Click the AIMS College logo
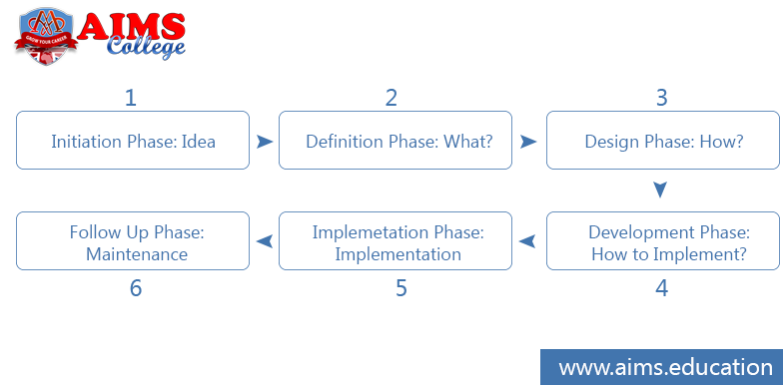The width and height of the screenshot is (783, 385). (99, 36)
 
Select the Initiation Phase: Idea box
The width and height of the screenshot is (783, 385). (133, 141)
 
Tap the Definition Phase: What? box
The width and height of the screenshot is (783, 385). (398, 141)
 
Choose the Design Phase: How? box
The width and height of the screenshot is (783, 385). (663, 141)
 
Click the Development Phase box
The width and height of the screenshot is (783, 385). (663, 241)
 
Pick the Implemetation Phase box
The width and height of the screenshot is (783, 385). (398, 241)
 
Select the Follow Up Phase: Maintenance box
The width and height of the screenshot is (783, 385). (133, 241)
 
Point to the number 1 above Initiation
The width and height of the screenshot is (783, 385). (130, 98)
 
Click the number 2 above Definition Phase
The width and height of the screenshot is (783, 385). (391, 98)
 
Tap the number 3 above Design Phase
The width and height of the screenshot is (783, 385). (661, 98)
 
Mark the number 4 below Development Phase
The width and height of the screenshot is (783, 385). (661, 288)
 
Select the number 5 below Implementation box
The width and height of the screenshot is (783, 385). (400, 288)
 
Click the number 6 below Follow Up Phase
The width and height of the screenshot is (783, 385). (136, 288)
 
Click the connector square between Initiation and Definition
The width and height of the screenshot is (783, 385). (265, 141)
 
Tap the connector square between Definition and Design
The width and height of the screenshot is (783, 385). (528, 141)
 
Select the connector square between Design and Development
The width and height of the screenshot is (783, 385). (659, 190)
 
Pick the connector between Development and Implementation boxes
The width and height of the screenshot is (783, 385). (527, 241)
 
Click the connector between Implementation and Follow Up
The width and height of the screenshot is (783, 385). (265, 241)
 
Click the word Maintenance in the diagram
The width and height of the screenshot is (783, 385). (137, 254)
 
